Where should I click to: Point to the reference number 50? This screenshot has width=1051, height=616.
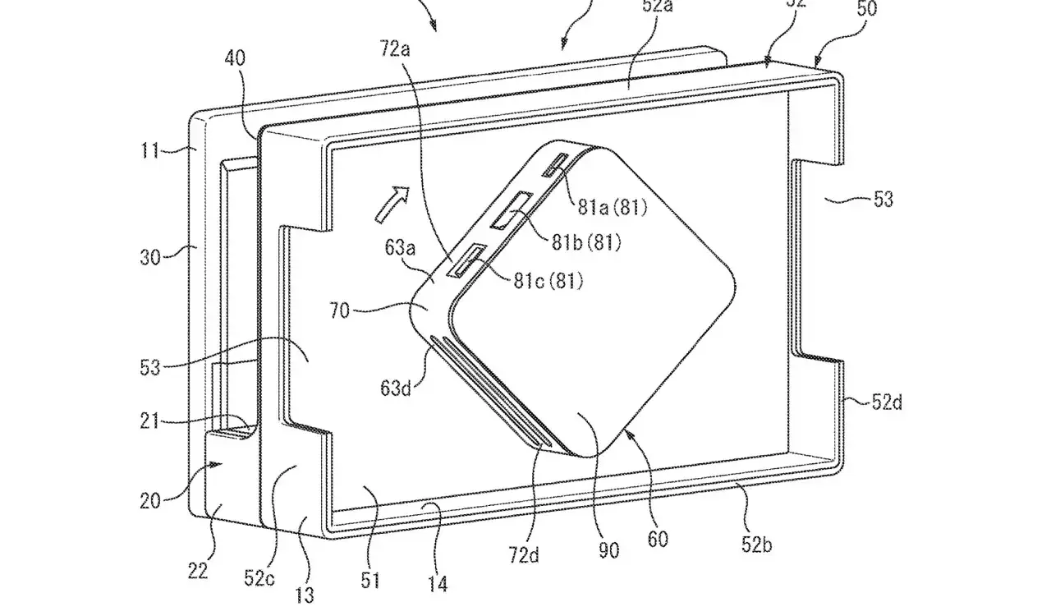tap(844, 9)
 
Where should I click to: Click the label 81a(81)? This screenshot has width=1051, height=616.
tap(612, 208)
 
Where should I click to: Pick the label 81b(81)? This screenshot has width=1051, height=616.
tap(587, 242)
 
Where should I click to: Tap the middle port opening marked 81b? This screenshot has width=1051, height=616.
tap(511, 210)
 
